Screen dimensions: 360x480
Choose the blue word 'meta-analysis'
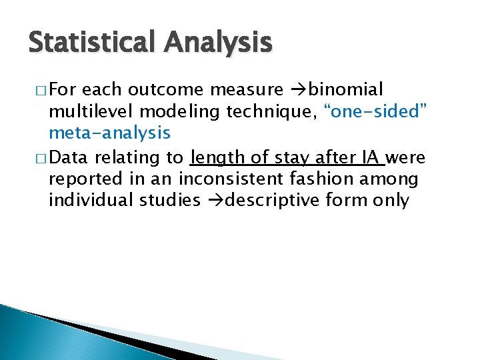(109, 133)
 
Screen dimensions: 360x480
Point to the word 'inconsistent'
(233, 179)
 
